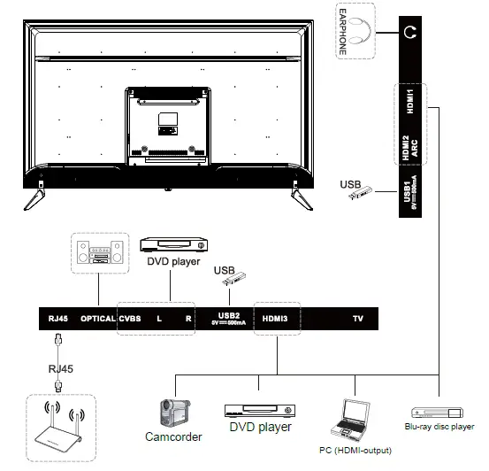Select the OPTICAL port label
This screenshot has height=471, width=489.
[x=97, y=318]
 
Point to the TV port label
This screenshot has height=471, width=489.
[x=357, y=318]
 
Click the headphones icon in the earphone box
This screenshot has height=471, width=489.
[x=358, y=30]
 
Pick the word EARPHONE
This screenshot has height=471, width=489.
[x=342, y=31]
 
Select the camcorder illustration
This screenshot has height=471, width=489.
[x=173, y=412]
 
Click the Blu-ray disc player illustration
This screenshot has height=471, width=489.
[x=437, y=412]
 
